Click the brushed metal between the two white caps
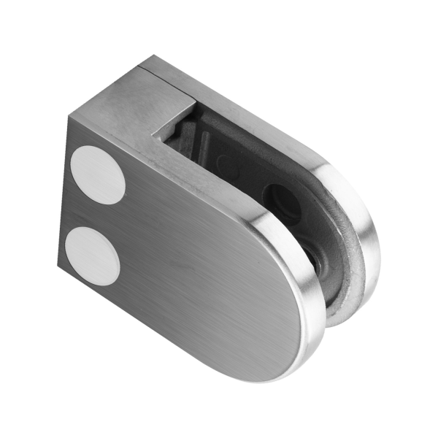tap(95, 213)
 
